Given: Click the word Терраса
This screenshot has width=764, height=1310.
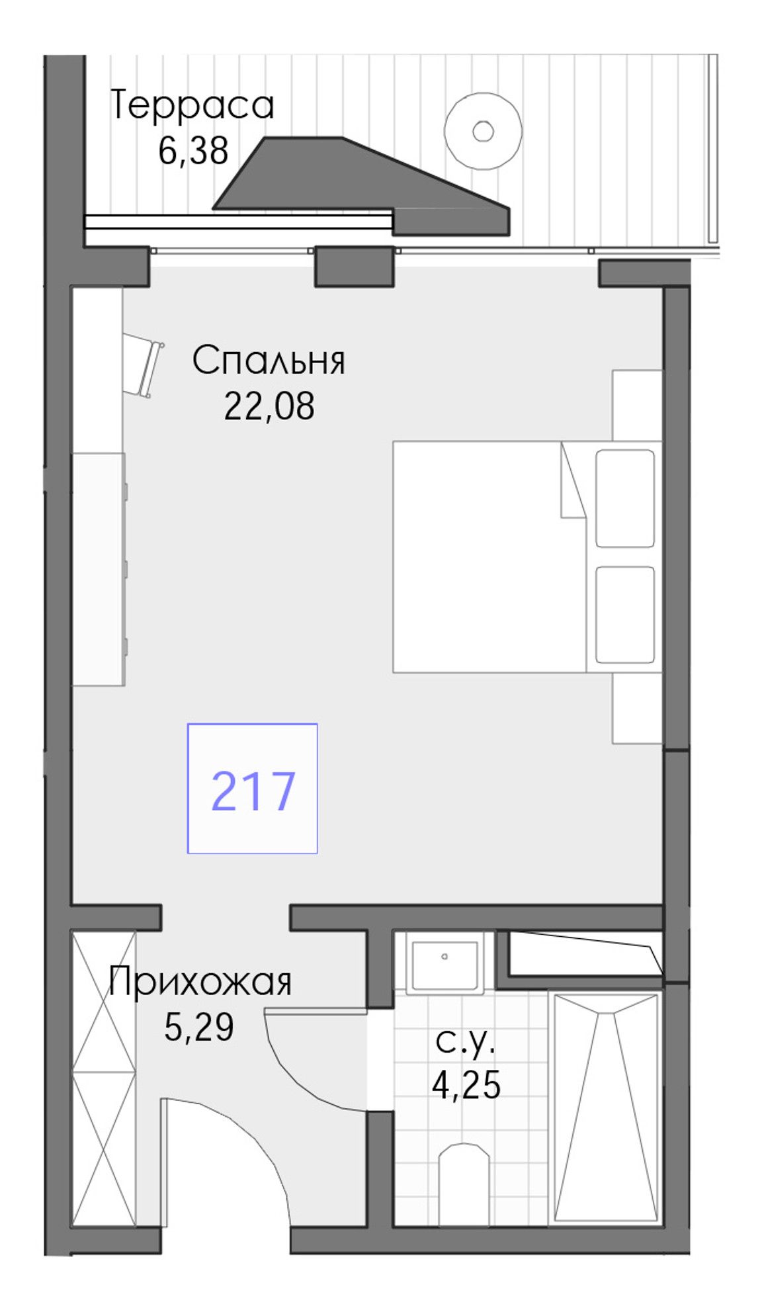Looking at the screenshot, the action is pyautogui.click(x=192, y=106).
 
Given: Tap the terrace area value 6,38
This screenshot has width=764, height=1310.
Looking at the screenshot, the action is pyautogui.click(x=193, y=151).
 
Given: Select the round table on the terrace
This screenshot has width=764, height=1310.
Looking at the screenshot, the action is pyautogui.click(x=483, y=131).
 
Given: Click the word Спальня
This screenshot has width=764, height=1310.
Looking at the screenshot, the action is pyautogui.click(x=269, y=361).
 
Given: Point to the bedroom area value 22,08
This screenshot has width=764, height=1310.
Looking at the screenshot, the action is pyautogui.click(x=269, y=406).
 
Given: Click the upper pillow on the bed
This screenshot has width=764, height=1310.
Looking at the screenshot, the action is pyautogui.click(x=624, y=498).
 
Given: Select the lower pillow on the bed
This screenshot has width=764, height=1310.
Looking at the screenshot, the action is pyautogui.click(x=624, y=614).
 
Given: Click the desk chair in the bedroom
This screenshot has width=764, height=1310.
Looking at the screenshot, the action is pyautogui.click(x=143, y=365).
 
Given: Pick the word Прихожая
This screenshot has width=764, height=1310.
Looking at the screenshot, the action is pyautogui.click(x=200, y=983).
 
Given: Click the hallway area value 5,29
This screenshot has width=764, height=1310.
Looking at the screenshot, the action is pyautogui.click(x=199, y=1027).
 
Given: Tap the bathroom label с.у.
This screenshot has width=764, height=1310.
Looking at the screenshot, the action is pyautogui.click(x=466, y=1043).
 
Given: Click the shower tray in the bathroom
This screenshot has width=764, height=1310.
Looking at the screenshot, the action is pyautogui.click(x=606, y=1107).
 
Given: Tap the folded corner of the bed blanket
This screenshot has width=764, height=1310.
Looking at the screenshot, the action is pyautogui.click(x=573, y=480).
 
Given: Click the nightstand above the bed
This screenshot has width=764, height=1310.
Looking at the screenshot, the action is pyautogui.click(x=637, y=405).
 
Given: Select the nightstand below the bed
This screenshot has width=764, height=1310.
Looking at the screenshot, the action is pyautogui.click(x=637, y=708).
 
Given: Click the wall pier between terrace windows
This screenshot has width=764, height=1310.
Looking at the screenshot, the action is pyautogui.click(x=354, y=266).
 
